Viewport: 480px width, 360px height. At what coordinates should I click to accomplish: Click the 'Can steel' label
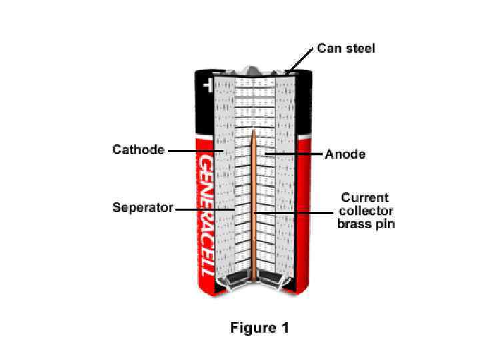point(345,48)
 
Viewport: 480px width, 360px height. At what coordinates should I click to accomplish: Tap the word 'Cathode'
point(138,149)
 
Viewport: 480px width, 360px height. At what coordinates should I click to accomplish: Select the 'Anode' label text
point(345,154)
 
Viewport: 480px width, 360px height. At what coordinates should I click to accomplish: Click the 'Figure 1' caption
point(259,328)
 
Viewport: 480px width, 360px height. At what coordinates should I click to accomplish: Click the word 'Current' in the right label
point(365,198)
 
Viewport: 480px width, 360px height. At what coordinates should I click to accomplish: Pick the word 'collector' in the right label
point(366,211)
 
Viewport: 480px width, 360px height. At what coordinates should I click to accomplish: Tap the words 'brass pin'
point(366,224)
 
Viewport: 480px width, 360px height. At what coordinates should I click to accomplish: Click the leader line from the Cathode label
point(193,151)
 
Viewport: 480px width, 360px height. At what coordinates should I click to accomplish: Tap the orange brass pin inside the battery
point(254,220)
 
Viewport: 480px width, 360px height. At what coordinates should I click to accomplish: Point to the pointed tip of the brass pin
point(254,131)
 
